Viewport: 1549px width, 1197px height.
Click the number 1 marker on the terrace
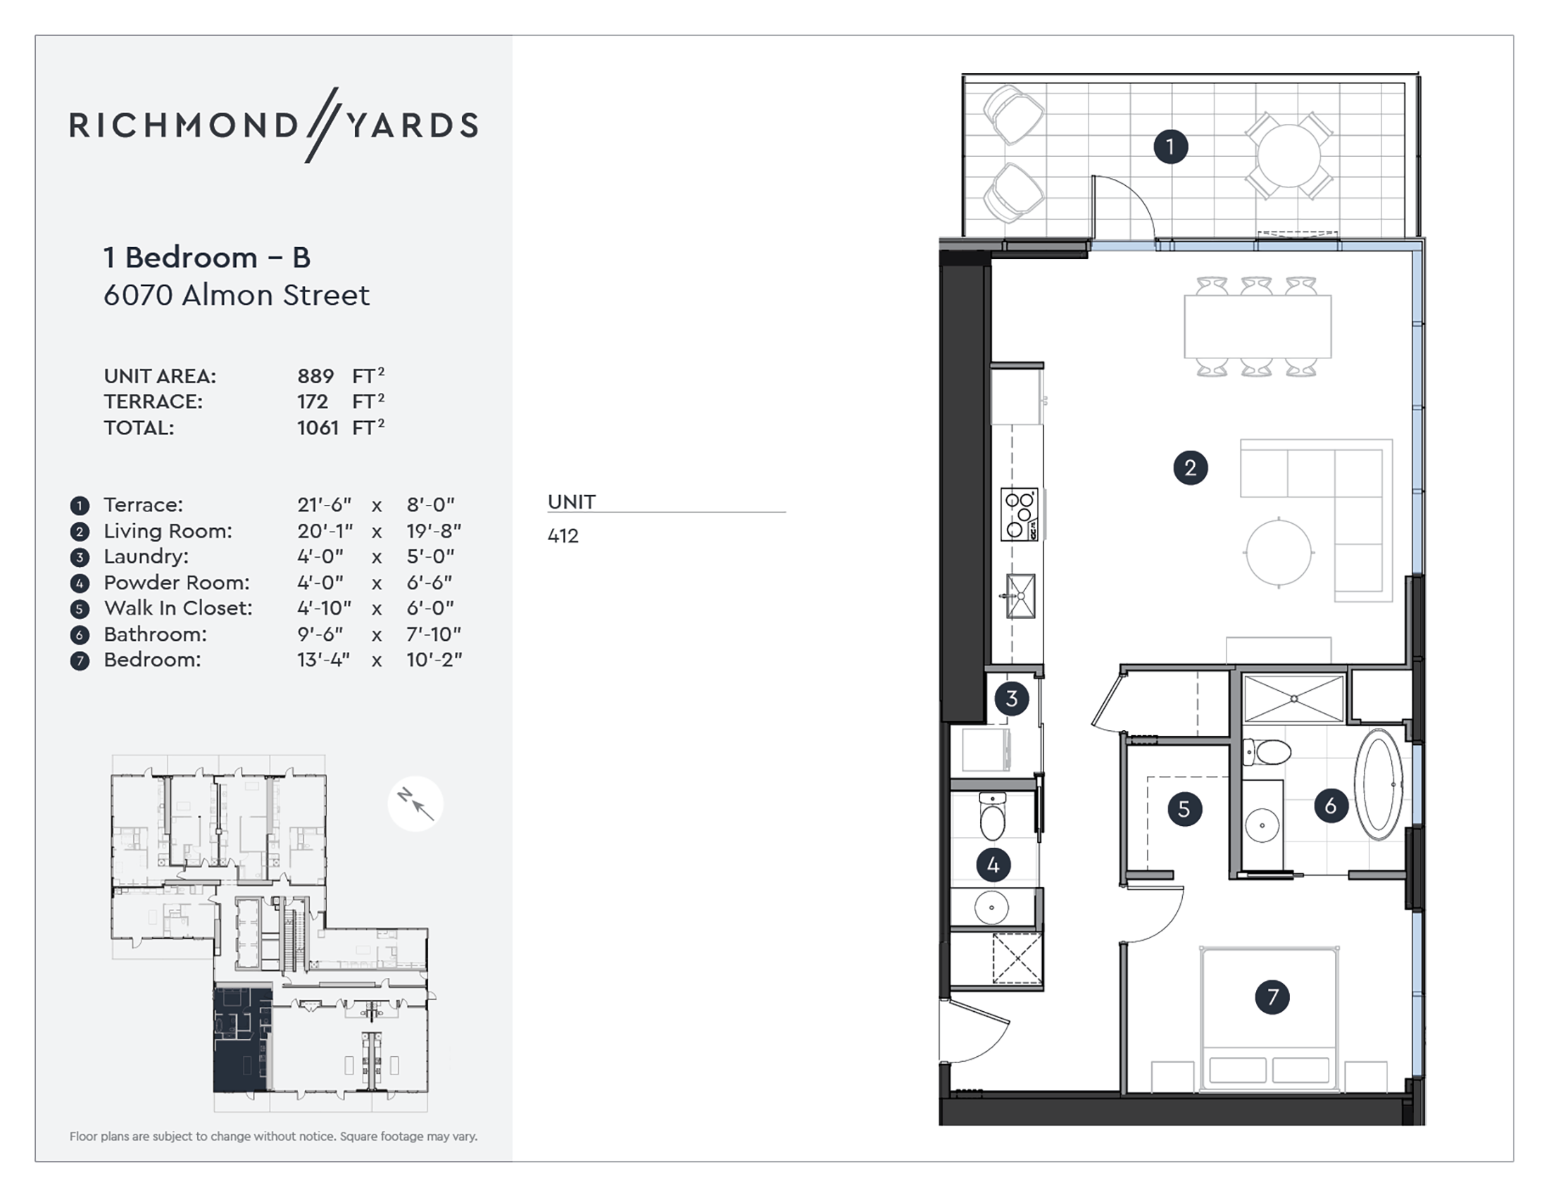1170,146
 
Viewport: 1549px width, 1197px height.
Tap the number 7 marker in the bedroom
1272,997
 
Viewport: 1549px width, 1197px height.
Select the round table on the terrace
1288,156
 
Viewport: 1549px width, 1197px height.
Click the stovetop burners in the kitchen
1020,515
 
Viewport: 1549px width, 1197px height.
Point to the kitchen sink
1021,596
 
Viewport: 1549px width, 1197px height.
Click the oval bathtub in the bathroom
1378,784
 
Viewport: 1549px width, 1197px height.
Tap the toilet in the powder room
992,817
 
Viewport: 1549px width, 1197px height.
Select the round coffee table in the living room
1279,553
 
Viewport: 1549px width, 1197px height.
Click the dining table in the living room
1258,327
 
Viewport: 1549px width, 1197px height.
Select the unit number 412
563,536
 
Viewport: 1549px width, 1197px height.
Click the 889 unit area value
315,376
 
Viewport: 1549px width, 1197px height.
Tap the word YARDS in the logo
412,125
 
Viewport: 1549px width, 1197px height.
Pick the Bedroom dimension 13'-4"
324,660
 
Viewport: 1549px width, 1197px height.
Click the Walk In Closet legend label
178,608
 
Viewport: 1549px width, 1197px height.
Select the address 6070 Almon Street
237,295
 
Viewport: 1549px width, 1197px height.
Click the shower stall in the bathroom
1293,699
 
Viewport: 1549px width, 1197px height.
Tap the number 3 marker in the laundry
1011,698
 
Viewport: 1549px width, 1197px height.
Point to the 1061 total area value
318,427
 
